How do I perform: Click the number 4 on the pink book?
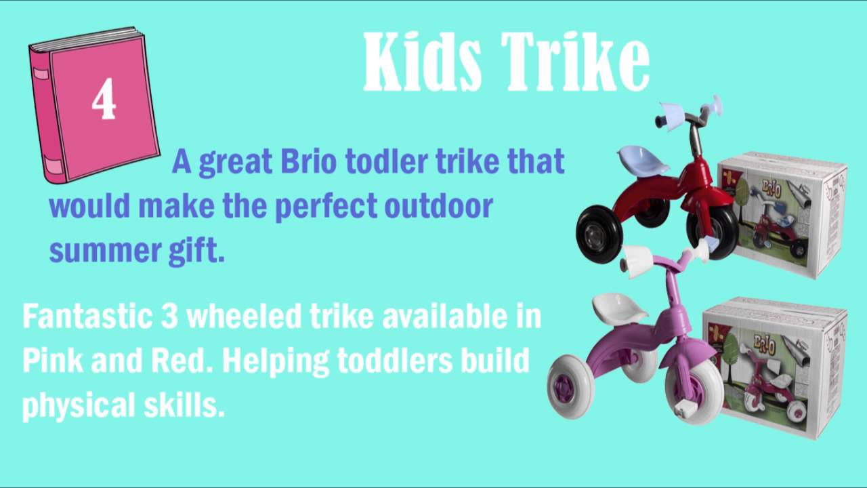click(104, 100)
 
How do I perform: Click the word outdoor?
click(438, 206)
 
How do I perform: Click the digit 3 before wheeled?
click(169, 317)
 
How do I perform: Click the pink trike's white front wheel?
click(570, 385)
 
